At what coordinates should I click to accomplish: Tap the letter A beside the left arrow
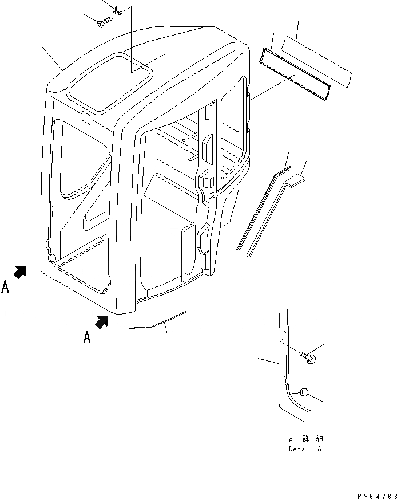[x=5, y=287]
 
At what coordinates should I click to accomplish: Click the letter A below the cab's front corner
[x=87, y=337]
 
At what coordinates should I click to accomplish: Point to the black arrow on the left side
[x=20, y=273]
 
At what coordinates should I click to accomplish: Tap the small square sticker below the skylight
[x=88, y=118]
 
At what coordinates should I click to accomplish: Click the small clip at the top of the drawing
[x=117, y=10]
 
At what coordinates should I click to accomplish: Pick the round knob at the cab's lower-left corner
[x=53, y=258]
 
